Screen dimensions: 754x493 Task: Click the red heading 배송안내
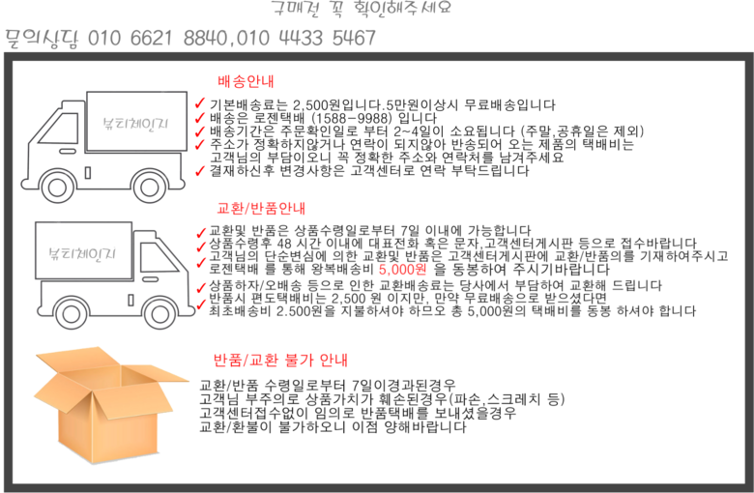pyautogui.click(x=246, y=81)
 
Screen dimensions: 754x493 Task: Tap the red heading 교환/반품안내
pyautogui.click(x=261, y=208)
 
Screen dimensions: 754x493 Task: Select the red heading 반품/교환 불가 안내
pyautogui.click(x=280, y=360)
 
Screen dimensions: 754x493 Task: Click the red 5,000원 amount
pyautogui.click(x=403, y=270)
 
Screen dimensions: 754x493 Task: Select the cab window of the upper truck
pyautogui.click(x=60, y=128)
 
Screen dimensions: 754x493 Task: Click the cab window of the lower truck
pyautogui.click(x=159, y=257)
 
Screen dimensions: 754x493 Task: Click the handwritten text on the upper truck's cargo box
pyautogui.click(x=135, y=124)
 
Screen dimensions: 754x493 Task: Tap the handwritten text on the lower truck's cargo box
pyautogui.click(x=83, y=253)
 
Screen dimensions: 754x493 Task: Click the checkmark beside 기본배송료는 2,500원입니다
pyautogui.click(x=200, y=103)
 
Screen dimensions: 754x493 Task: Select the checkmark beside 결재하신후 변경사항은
pyautogui.click(x=200, y=171)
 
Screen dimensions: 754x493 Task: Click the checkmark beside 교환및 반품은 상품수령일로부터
pyautogui.click(x=201, y=233)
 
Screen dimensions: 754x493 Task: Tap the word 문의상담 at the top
pyautogui.click(x=42, y=39)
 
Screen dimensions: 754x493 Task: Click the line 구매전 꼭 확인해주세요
pyautogui.click(x=362, y=8)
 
